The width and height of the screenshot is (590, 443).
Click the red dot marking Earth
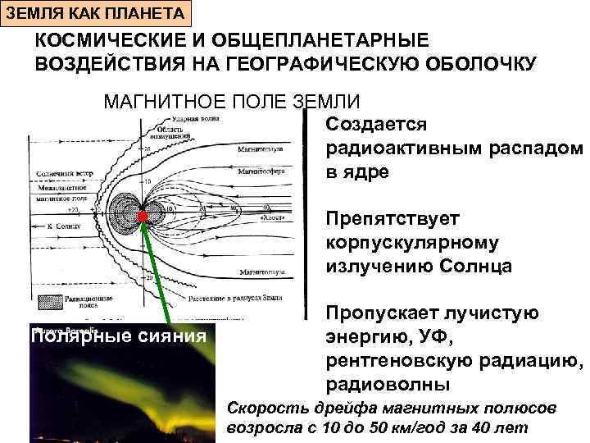[142, 217]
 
